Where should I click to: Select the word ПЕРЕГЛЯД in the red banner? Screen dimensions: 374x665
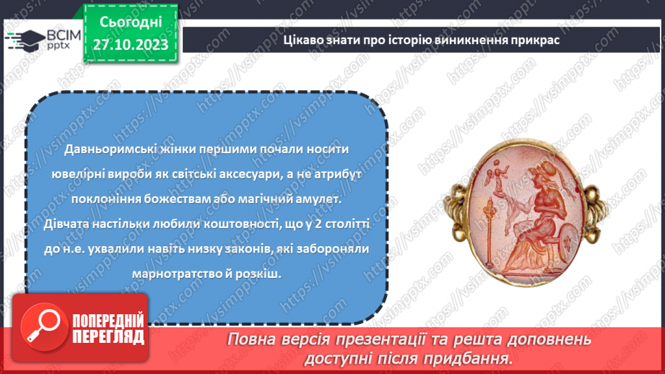click(109, 336)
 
